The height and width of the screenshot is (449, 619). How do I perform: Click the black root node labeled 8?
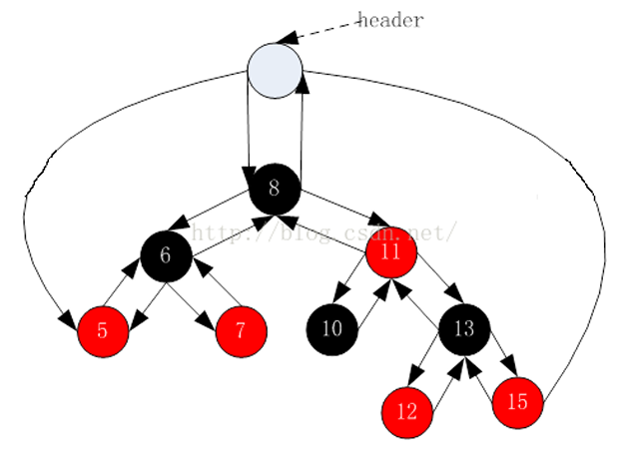pos(276,188)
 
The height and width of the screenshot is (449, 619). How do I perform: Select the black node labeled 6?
pos(166,256)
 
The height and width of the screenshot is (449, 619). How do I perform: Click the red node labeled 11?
pos(390,252)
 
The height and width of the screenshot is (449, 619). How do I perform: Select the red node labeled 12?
pos(407,410)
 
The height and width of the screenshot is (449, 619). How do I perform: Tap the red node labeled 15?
pos(517,402)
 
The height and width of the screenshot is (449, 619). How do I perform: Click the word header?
pos(390,20)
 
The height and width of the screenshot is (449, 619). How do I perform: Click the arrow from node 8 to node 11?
pos(339,208)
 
